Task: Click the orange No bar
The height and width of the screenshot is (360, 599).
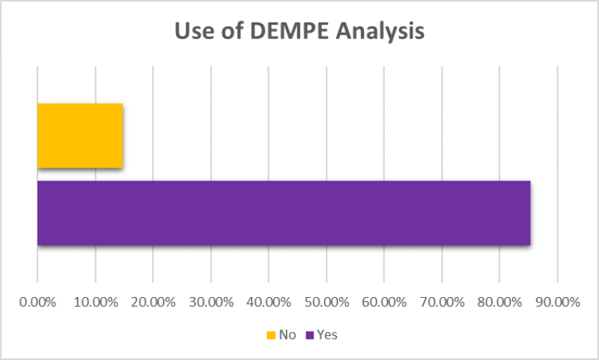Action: point(79,135)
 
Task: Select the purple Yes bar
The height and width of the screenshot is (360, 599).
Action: point(284,213)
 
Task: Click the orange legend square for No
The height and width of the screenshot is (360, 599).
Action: point(270,335)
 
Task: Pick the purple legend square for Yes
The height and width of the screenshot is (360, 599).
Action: point(310,335)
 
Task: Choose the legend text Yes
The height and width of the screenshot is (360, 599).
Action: point(327,335)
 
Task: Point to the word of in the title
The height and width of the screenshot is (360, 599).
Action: point(228,32)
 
